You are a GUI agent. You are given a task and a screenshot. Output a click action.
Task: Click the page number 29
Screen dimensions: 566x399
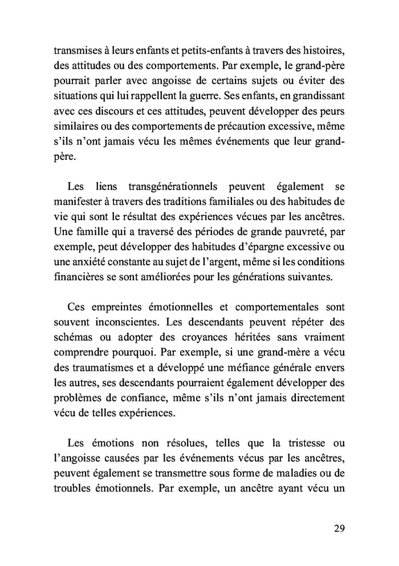point(339,527)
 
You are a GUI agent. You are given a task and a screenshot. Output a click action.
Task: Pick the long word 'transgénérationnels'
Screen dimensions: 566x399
point(174,187)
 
